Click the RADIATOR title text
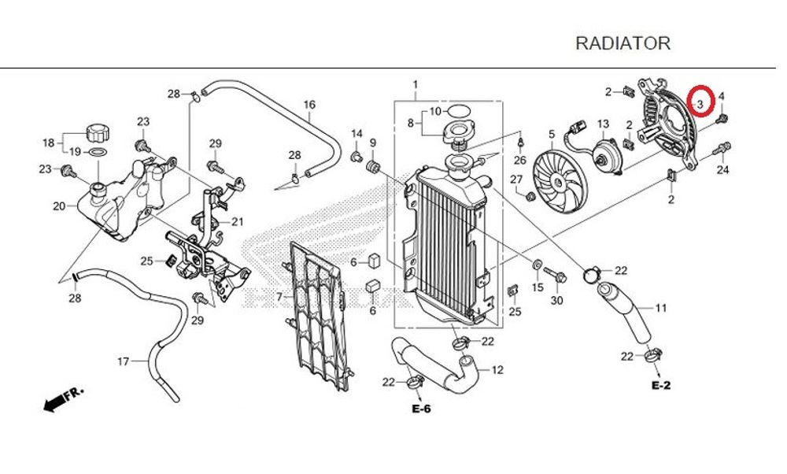(623, 43)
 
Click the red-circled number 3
(700, 102)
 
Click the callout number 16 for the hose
(309, 105)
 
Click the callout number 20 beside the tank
(58, 207)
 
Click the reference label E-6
(422, 409)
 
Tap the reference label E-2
(660, 386)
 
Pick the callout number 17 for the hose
(123, 362)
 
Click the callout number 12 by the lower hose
(497, 370)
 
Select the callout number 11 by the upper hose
(661, 308)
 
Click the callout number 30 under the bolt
(557, 302)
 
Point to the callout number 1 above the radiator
(416, 84)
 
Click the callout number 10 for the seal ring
(435, 111)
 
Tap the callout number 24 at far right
(722, 170)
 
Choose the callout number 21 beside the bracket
(238, 221)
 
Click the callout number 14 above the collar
(357, 133)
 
